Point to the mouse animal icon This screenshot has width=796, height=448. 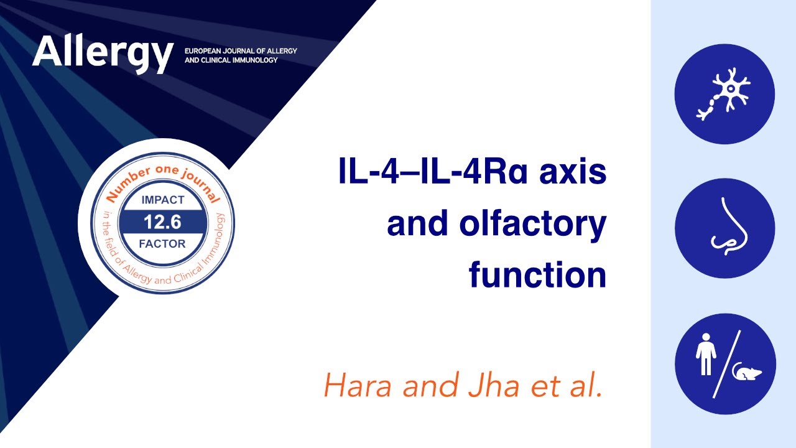click(x=746, y=372)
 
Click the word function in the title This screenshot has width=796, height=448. click(x=537, y=275)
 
